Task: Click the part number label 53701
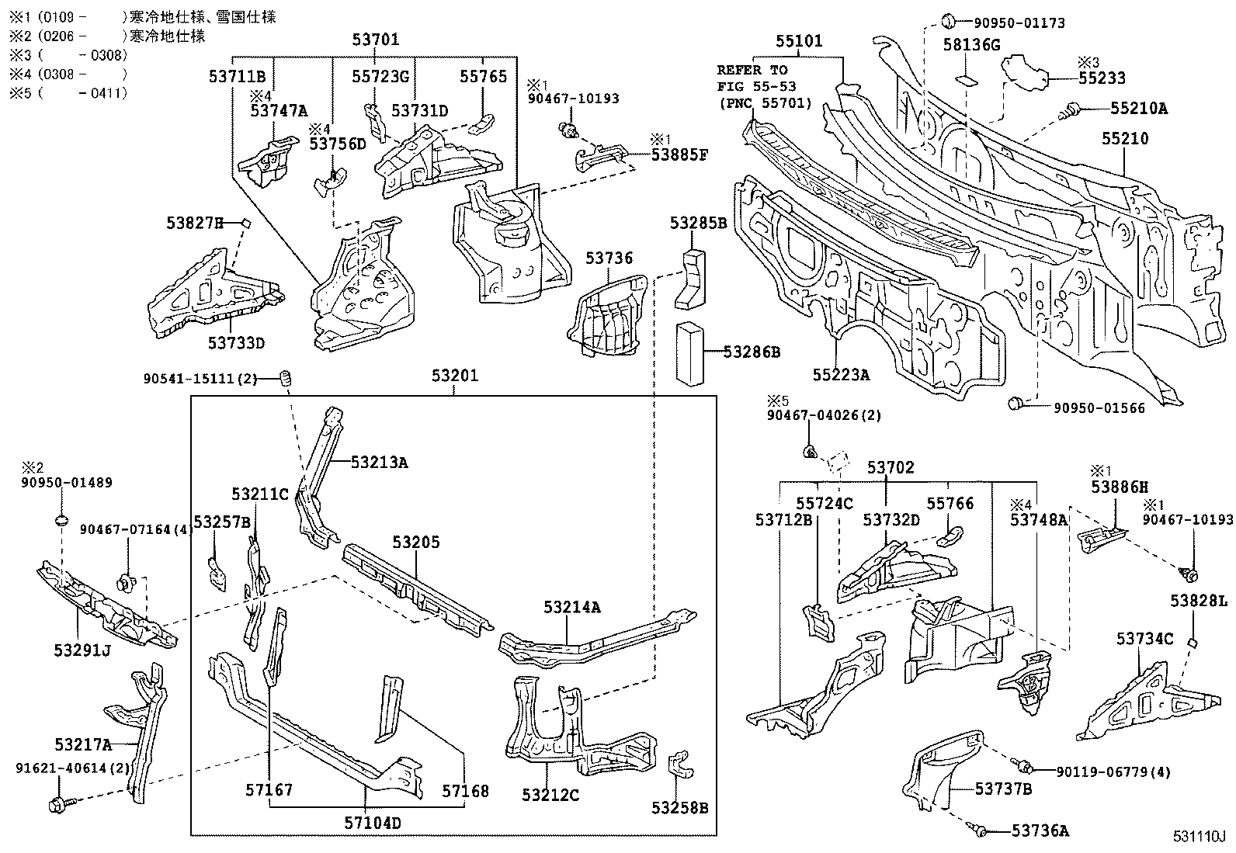[375, 40]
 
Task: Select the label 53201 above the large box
[455, 376]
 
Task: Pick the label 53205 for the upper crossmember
[415, 542]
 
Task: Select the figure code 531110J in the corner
[1198, 837]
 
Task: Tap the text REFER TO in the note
[752, 70]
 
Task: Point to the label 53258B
[679, 808]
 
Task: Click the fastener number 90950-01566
[1099, 407]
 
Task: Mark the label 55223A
[841, 375]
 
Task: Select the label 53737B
[1003, 789]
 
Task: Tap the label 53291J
[82, 650]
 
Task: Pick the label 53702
[891, 467]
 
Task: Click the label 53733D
[237, 342]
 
